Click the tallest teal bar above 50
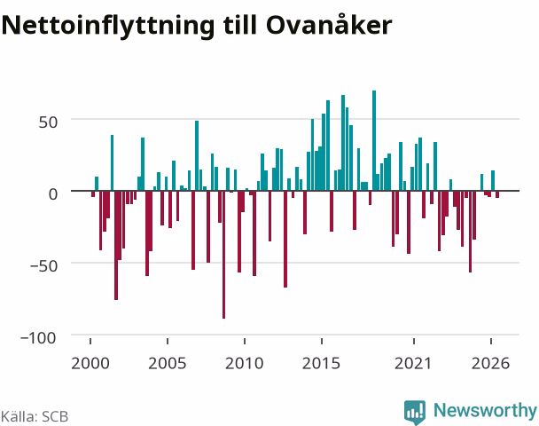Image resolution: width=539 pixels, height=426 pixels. pos(374,140)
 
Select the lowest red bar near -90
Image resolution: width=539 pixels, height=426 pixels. pos(223,255)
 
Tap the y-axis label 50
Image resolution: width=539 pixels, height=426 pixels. pos(48,122)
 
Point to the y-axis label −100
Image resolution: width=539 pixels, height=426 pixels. pos(38,337)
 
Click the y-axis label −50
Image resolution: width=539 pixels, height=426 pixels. pos(43,265)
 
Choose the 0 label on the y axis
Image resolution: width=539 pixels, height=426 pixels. pos(53,194)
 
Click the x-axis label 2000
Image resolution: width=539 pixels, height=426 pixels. pos(90,363)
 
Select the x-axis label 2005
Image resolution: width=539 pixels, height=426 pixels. pos(167,363)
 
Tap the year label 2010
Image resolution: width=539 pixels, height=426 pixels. pos(244,363)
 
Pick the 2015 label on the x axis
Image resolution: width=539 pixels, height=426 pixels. pos(321,363)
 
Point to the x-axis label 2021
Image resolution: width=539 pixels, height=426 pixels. pos(413,363)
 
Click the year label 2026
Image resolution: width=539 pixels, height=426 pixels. pos(490,363)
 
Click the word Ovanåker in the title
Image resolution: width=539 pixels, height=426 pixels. pos(329,25)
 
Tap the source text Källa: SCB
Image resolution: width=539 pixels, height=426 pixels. pos(35,416)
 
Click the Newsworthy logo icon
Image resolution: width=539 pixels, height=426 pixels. pos(415,412)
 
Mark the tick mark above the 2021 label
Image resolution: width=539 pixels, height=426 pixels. pos(414,341)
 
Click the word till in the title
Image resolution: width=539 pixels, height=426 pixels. pos(239,25)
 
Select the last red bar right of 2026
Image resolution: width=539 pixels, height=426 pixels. pos(497,194)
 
